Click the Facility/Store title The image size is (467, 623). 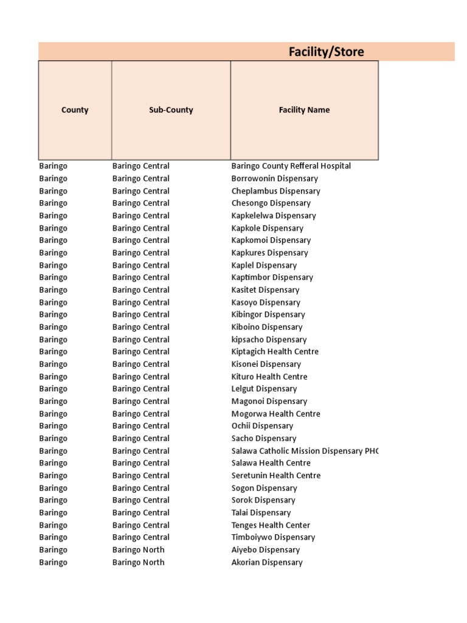[326, 52]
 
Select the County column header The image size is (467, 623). [75, 110]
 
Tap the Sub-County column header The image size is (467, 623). [171, 110]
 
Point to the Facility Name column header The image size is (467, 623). [304, 110]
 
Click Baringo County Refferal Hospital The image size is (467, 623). [291, 166]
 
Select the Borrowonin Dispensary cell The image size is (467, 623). [274, 179]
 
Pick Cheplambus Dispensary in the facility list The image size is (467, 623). [275, 191]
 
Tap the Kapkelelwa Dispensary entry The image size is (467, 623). [274, 216]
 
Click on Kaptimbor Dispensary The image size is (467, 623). [272, 277]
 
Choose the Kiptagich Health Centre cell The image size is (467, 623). [275, 352]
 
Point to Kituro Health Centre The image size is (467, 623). [269, 377]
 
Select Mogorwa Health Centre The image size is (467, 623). [275, 414]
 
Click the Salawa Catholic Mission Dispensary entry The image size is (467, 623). [304, 451]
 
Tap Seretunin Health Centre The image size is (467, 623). [276, 476]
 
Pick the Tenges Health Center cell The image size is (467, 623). [271, 525]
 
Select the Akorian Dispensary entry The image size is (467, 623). [267, 563]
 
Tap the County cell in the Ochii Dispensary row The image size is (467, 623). [54, 426]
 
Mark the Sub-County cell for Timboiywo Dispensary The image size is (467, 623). [140, 537]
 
